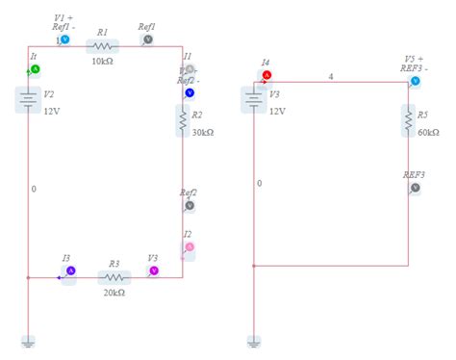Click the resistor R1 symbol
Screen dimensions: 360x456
click(102, 45)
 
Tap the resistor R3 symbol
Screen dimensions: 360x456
click(114, 278)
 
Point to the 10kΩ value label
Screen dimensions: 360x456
click(104, 62)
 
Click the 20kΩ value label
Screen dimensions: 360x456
click(114, 293)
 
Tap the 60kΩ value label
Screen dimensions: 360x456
click(429, 132)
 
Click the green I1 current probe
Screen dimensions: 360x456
click(35, 70)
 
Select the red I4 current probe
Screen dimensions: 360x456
click(266, 74)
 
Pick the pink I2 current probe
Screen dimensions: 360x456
click(189, 247)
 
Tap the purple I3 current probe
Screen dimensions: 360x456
click(69, 271)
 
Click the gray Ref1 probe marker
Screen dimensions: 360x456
click(148, 39)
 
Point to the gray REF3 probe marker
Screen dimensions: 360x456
click(415, 188)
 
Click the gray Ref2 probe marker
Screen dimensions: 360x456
click(190, 205)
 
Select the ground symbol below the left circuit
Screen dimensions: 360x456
click(29, 341)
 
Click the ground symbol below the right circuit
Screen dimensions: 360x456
click(253, 341)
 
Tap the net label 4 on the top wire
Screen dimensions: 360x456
click(331, 75)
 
